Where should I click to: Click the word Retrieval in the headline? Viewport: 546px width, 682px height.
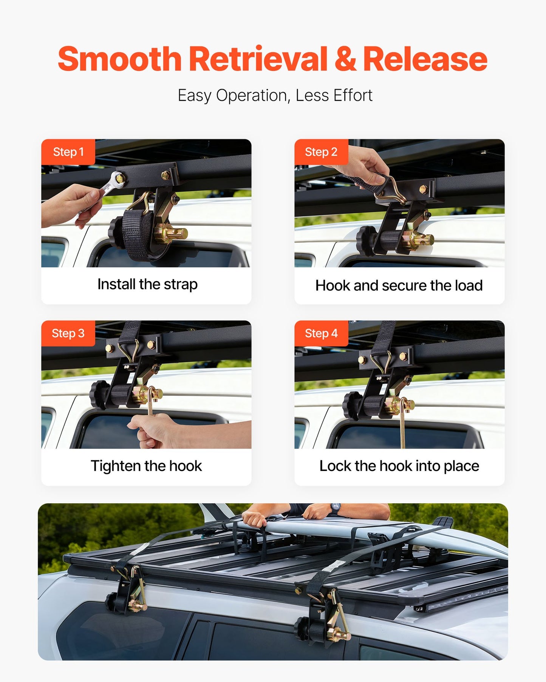click(258, 59)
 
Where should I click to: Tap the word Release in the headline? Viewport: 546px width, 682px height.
click(425, 59)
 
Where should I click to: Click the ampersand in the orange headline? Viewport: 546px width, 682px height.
click(345, 59)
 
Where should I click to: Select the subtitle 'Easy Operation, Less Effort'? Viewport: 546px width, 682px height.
click(275, 95)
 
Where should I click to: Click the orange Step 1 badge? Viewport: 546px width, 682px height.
click(68, 152)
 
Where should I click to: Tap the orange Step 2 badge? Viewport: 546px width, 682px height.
click(321, 152)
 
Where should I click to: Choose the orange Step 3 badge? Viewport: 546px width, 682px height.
click(68, 333)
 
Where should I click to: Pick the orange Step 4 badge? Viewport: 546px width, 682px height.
click(321, 333)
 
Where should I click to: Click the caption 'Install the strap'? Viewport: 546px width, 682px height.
click(147, 284)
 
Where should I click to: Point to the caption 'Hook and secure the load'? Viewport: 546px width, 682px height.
click(399, 285)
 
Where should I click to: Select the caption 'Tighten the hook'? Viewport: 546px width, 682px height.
click(146, 466)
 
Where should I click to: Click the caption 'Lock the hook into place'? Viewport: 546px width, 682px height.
click(399, 466)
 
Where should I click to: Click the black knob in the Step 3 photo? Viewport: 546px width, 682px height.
click(98, 395)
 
